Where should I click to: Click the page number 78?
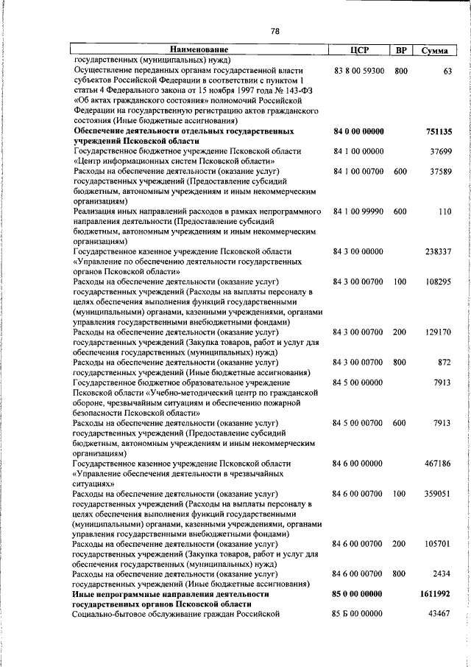pyautogui.click(x=275, y=31)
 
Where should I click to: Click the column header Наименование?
pyautogui.click(x=200, y=50)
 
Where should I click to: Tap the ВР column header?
pyautogui.click(x=400, y=50)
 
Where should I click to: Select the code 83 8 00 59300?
pyautogui.click(x=358, y=71)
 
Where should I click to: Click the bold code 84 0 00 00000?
pyautogui.click(x=358, y=132)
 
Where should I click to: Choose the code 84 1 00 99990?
pyautogui.click(x=358, y=212)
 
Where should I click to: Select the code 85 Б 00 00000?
pyautogui.click(x=358, y=613)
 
